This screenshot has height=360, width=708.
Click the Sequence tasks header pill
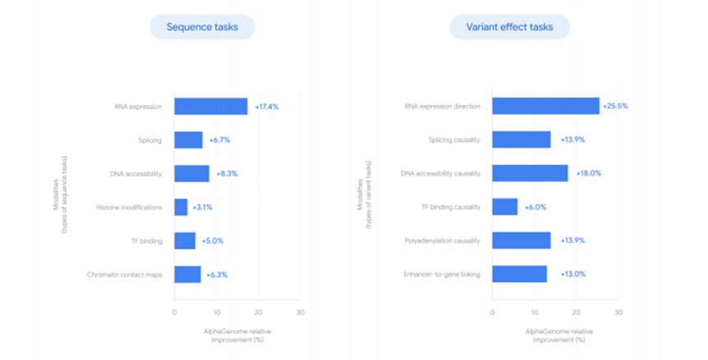tap(202, 27)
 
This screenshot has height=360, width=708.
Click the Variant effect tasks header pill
tap(509, 27)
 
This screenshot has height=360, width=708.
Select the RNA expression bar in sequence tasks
tap(210, 107)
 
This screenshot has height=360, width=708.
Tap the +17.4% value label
tap(268, 107)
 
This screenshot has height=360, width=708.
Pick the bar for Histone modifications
tap(180, 207)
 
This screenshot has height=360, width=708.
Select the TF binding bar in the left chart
tap(185, 241)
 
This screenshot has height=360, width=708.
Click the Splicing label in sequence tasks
tap(149, 140)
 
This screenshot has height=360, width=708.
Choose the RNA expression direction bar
tap(546, 107)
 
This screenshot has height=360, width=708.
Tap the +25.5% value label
tap(617, 107)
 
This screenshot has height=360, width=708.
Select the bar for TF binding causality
tap(505, 207)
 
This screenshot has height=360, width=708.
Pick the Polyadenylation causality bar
tap(521, 241)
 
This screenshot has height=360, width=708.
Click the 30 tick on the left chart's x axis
tap(299, 312)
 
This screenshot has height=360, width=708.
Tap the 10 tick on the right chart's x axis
tap(533, 312)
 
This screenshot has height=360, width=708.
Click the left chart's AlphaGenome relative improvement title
tap(237, 334)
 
